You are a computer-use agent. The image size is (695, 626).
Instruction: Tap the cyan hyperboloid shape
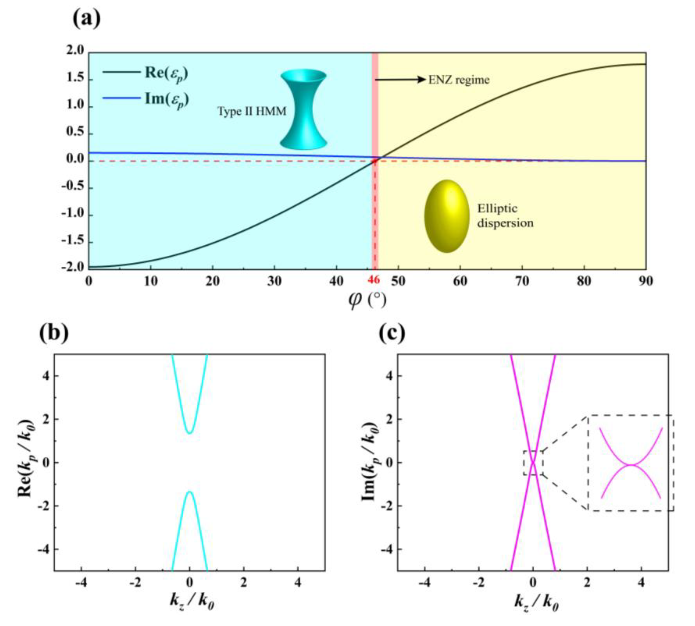click(x=303, y=109)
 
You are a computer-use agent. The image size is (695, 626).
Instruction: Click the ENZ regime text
click(x=459, y=80)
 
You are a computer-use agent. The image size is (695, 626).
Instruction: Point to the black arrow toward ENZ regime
click(x=401, y=80)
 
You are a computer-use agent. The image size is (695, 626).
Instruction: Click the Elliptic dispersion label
click(x=505, y=216)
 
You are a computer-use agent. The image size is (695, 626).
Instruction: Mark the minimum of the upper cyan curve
click(x=190, y=433)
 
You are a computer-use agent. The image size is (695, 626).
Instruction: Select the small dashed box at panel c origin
click(x=533, y=463)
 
